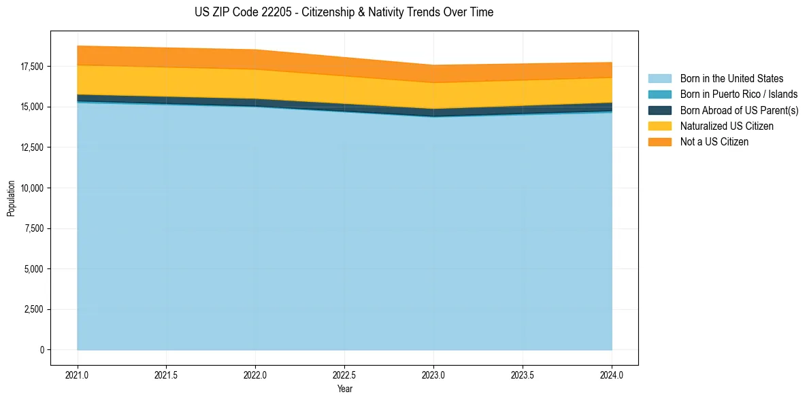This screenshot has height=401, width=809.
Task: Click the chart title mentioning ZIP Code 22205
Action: pos(344,12)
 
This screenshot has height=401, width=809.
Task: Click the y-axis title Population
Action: pos(11,198)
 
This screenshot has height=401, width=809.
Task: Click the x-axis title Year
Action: pos(344,389)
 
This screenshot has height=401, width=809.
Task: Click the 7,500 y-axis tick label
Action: pos(32,228)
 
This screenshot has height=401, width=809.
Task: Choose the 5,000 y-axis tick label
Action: pos(32,269)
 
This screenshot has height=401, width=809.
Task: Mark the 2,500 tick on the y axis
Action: pos(32,309)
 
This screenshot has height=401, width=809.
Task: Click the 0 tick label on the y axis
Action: pos(41,350)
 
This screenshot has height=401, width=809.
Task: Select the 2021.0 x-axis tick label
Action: pos(78,374)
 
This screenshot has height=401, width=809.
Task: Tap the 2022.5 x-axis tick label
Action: pos(344,374)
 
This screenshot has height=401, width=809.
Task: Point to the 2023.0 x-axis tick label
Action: pos(433,374)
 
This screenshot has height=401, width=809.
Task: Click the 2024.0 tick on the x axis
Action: pos(612,374)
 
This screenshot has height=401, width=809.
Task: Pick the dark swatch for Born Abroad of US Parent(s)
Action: pos(659,110)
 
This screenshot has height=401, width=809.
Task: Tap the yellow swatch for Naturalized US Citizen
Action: pos(659,126)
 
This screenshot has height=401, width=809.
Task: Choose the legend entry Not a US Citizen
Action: pos(714,141)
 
